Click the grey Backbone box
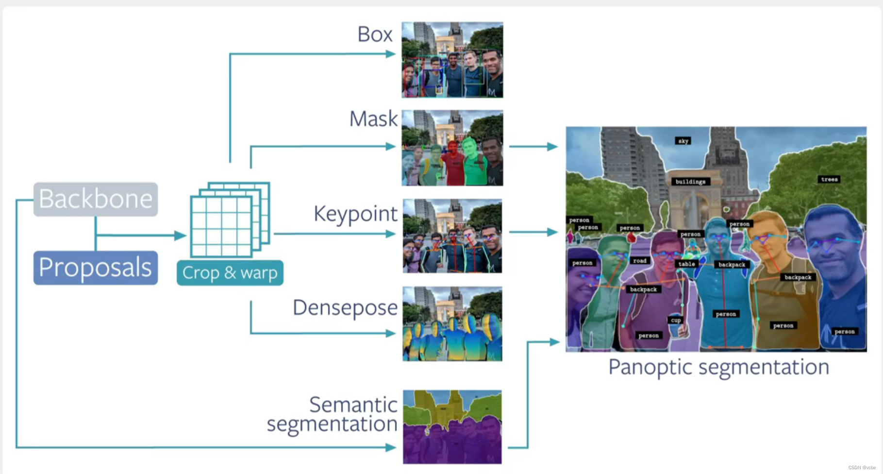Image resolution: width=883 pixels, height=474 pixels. click(x=96, y=199)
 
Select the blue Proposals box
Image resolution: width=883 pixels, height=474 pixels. click(x=96, y=268)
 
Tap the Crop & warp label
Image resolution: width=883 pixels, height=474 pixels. click(x=230, y=273)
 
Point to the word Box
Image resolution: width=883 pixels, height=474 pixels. click(x=375, y=34)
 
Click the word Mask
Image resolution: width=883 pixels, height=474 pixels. click(x=373, y=119)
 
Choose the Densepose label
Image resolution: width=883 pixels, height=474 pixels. click(x=345, y=308)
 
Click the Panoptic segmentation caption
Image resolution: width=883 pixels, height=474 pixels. click(x=718, y=368)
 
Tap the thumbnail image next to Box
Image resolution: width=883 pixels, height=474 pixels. click(x=452, y=60)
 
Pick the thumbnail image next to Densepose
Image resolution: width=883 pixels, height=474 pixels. click(x=452, y=324)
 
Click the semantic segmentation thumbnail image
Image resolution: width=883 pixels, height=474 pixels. click(x=452, y=427)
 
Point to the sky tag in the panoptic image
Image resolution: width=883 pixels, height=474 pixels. click(x=683, y=141)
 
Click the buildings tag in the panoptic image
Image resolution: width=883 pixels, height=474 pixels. click(x=690, y=182)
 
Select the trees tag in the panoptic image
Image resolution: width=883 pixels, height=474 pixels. click(x=829, y=179)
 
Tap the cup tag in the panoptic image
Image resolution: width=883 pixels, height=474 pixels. click(x=676, y=320)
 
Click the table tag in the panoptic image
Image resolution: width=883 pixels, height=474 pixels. click(x=686, y=264)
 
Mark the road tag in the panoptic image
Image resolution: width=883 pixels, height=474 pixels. click(x=639, y=261)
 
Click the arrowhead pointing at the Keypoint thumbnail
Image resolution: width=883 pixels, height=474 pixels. click(x=391, y=234)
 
